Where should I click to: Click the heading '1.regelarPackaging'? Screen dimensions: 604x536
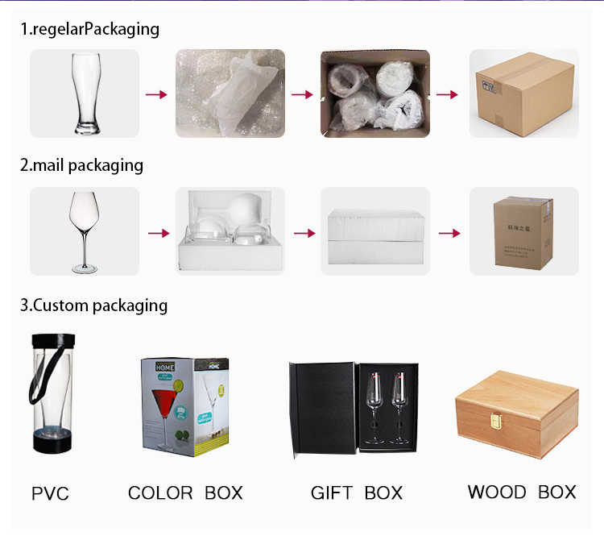tap(90, 30)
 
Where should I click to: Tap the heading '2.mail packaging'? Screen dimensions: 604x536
tap(81, 166)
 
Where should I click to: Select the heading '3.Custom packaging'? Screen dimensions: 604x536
tap(93, 306)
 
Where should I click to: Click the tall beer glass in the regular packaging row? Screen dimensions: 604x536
tap(85, 93)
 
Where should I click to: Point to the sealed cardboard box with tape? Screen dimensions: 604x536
tap(523, 93)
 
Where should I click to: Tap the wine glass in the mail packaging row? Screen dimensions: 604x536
tap(85, 231)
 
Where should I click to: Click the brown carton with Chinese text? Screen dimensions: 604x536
tap(523, 231)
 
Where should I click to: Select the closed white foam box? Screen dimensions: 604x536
tap(375, 231)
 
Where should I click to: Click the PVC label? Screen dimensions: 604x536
tap(50, 492)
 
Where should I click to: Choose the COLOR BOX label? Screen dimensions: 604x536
tap(185, 492)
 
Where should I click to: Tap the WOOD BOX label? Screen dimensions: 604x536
tap(522, 492)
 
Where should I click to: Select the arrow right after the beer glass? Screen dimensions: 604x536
tap(156, 94)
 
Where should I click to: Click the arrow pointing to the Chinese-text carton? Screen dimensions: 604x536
tap(450, 233)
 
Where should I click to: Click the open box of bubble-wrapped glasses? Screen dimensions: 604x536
tap(375, 93)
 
